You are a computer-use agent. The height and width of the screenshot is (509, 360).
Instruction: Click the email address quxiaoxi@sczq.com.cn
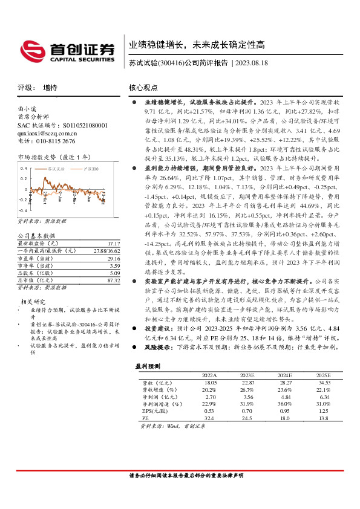click(47, 133)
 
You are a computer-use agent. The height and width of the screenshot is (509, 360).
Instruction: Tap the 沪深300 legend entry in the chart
click(90, 169)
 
